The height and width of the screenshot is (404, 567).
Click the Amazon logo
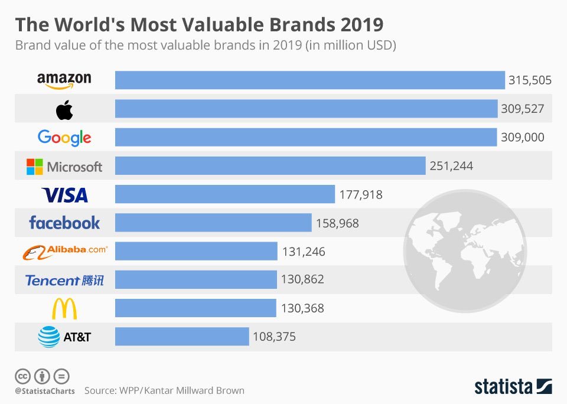pyautogui.click(x=64, y=80)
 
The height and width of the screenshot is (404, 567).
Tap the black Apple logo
pyautogui.click(x=64, y=109)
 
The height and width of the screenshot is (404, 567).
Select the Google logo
pyautogui.click(x=64, y=138)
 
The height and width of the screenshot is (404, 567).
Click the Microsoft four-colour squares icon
pyautogui.click(x=35, y=167)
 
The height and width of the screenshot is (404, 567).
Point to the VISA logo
pyautogui.click(x=64, y=195)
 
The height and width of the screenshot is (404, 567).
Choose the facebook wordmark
pyautogui.click(x=64, y=223)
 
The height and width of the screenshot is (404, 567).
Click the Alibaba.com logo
pyautogui.click(x=64, y=252)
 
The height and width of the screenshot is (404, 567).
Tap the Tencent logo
pyautogui.click(x=64, y=280)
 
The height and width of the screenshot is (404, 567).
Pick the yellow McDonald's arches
pyautogui.click(x=64, y=308)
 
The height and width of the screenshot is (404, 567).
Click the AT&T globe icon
pyautogui.click(x=49, y=337)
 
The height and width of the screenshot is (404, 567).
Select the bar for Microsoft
pyautogui.click(x=270, y=166)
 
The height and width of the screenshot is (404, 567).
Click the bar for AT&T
pyautogui.click(x=182, y=337)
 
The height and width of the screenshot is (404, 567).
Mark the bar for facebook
pyautogui.click(x=213, y=223)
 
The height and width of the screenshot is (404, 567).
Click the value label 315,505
pyautogui.click(x=530, y=80)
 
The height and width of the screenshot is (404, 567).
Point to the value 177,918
pyautogui.click(x=361, y=194)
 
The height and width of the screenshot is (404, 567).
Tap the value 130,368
pyautogui.click(x=302, y=308)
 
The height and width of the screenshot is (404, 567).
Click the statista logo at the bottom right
pyautogui.click(x=513, y=386)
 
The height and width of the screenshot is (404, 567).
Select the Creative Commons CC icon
pyautogui.click(x=22, y=376)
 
